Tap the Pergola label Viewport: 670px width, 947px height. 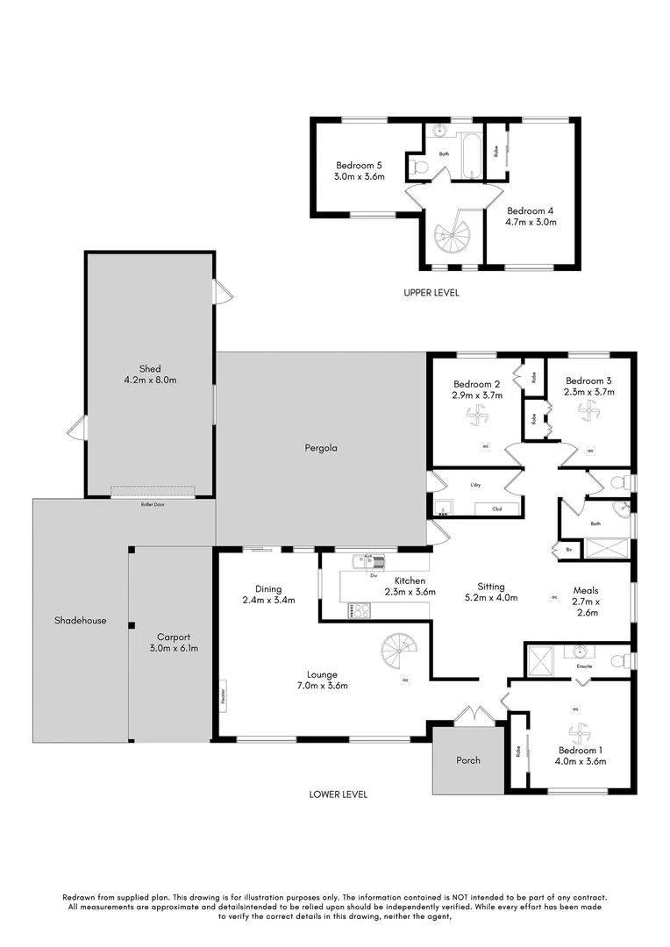[321, 447]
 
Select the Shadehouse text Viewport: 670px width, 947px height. [81, 620]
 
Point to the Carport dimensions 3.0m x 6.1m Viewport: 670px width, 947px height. [174, 649]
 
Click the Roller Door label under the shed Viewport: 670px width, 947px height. [153, 505]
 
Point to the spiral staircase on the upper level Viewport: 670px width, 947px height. [455, 236]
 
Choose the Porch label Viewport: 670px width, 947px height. [468, 760]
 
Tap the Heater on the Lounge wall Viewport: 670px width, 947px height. [224, 697]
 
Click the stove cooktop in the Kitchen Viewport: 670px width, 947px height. [360, 610]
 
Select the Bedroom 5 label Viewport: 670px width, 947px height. [359, 165]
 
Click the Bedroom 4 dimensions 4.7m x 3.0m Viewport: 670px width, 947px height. [531, 222]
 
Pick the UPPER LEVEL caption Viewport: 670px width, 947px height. [431, 293]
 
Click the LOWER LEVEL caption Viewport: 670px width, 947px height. [338, 794]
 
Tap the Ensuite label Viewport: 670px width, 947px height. [584, 666]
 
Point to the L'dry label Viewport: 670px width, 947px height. [475, 485]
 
